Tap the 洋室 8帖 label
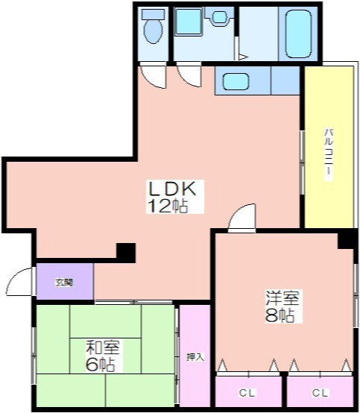coord(282,306)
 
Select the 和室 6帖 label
coord(103,356)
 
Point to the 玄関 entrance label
coord(64,283)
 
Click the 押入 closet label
coord(195,357)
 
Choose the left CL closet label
coord(247,394)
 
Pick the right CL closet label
coord(320,394)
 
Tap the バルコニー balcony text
coord(329,154)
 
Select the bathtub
coord(298,34)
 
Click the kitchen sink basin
coord(236,81)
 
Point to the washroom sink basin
coord(219,17)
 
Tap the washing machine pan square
coord(189,22)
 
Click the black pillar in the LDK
coord(126,253)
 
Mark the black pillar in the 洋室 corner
coord(347,239)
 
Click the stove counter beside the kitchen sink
coord(285,81)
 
